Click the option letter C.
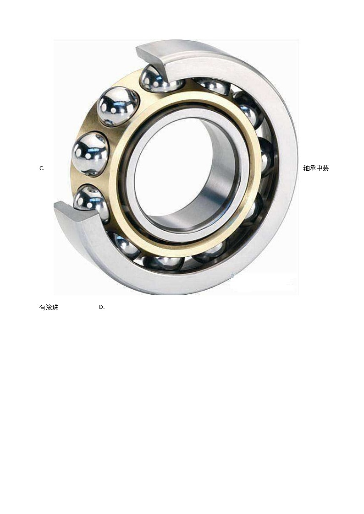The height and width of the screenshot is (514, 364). click(42, 168)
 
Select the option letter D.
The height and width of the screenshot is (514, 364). click(102, 307)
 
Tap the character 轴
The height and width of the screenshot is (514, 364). click(307, 168)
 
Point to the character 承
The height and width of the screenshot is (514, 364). click(313, 168)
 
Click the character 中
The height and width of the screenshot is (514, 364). click(320, 168)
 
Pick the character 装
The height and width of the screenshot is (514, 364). click(325, 168)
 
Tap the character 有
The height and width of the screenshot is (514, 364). click(42, 307)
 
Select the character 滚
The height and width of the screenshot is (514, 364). click(49, 307)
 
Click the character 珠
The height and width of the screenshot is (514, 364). click(55, 307)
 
